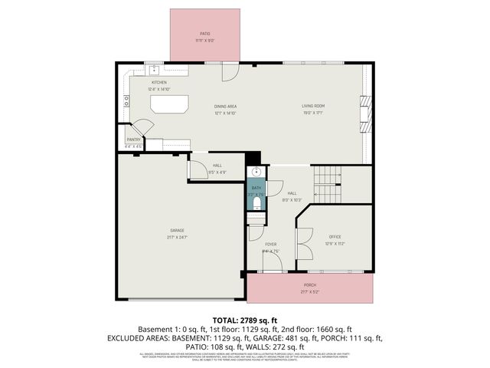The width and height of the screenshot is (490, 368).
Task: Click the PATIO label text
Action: (204, 34)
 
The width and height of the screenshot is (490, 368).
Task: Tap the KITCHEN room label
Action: (158, 82)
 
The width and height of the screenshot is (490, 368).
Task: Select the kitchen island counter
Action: (169, 103)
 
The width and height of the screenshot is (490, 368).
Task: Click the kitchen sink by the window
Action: (154, 69)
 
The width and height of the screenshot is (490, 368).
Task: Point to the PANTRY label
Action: (133, 140)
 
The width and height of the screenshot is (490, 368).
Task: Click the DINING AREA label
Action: (225, 107)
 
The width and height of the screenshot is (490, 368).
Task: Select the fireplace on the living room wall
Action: (365, 107)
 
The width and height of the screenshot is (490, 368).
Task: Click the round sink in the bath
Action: (256, 172)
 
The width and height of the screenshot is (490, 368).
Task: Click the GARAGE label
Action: (177, 230)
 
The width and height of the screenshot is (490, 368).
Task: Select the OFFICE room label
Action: (335, 237)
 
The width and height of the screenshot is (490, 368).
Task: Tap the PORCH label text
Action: (310, 284)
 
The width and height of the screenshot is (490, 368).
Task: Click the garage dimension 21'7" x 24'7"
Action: (177, 237)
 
